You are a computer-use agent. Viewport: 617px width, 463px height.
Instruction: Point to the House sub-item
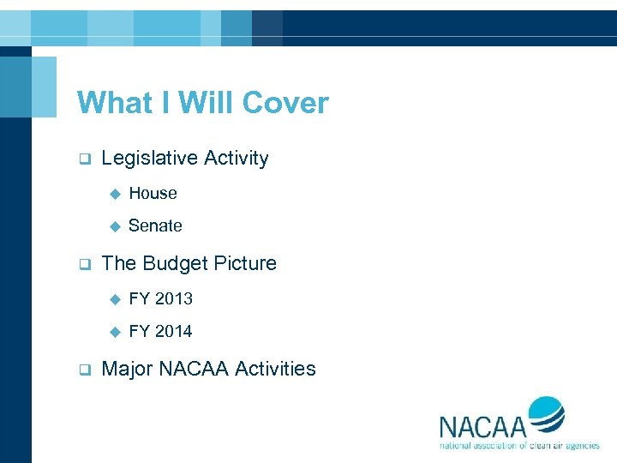(x=153, y=194)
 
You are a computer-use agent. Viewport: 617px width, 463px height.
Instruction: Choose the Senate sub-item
(x=155, y=226)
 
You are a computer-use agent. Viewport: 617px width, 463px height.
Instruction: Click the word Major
(x=129, y=370)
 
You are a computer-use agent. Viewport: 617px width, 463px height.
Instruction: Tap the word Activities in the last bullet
(x=275, y=370)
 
